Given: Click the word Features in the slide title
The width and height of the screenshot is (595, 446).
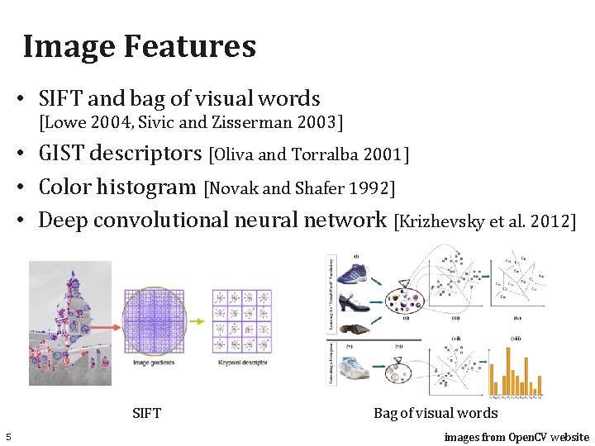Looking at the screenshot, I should coord(190,46).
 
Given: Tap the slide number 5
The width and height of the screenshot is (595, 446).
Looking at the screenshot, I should coord(7,437).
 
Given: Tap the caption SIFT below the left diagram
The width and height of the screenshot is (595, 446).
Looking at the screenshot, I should coord(146,413).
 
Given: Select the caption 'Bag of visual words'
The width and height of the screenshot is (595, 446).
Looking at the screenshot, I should coord(436,413).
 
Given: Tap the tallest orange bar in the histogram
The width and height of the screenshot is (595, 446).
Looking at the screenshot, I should coord(507,370).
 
